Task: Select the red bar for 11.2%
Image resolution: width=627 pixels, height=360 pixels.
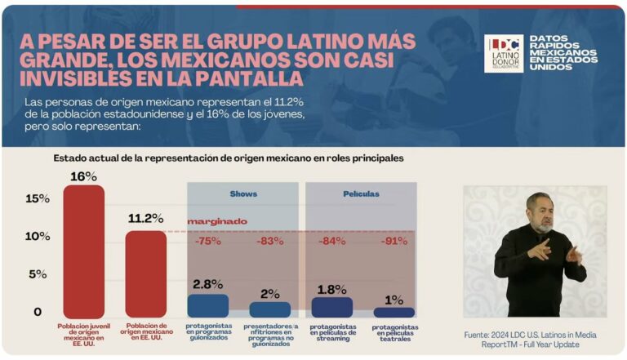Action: [145, 274]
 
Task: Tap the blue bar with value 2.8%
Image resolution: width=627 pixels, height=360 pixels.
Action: [208, 305]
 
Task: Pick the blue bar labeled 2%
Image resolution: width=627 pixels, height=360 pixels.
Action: [270, 309]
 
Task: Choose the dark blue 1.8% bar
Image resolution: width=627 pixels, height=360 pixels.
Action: [332, 307]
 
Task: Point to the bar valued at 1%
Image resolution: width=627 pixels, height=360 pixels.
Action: [394, 312]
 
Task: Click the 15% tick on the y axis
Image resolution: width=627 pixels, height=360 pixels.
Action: [38, 198]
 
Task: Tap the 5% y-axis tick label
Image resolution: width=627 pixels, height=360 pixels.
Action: [38, 274]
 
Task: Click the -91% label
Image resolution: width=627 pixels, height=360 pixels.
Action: [396, 241]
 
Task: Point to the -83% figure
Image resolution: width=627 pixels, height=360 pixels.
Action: [269, 241]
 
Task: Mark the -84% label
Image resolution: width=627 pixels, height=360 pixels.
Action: [333, 241]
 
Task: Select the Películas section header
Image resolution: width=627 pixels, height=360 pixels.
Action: [360, 193]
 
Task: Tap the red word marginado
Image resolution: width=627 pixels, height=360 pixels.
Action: [217, 221]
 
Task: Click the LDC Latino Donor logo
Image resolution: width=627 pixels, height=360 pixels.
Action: [504, 54]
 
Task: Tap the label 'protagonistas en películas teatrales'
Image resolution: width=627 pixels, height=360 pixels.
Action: [394, 334]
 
